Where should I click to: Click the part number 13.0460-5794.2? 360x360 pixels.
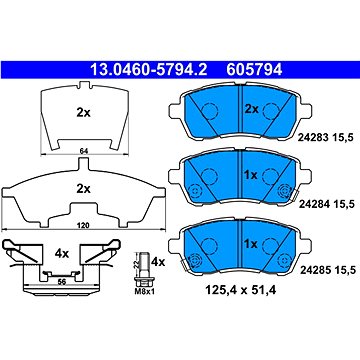149,70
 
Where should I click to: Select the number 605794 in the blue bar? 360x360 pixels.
254,70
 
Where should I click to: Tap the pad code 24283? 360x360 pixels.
314,136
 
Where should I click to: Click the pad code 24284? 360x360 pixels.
314,203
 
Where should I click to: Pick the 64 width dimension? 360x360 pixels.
84,151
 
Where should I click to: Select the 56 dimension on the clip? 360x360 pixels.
62,282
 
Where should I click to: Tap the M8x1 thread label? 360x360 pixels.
144,292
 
